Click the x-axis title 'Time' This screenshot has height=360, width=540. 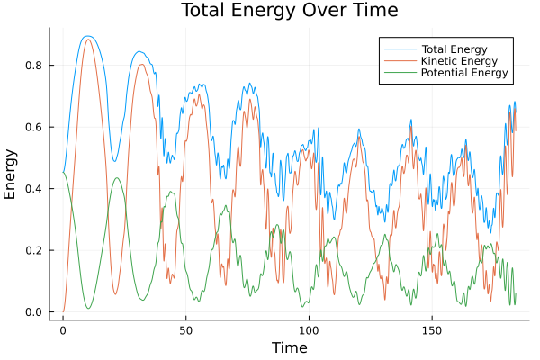pyautogui.click(x=290, y=347)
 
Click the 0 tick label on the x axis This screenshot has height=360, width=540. pyautogui.click(x=63, y=328)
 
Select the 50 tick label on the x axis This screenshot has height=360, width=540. pyautogui.click(x=185, y=328)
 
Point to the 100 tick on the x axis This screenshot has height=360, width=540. pyautogui.click(x=309, y=328)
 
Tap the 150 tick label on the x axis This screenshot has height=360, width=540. pyautogui.click(x=431, y=328)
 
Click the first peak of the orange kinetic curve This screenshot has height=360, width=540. pyautogui.click(x=87, y=40)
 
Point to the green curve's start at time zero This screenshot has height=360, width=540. pyautogui.click(x=63, y=173)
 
